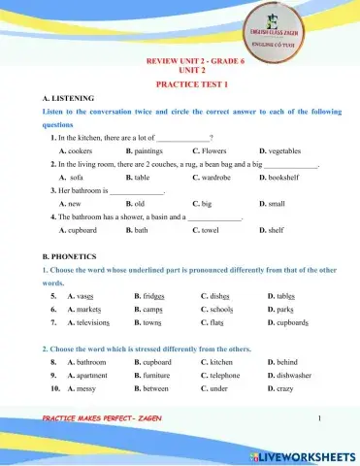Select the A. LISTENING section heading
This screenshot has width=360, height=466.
65,100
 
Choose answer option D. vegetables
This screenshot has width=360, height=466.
281,152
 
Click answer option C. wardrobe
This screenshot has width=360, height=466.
215,179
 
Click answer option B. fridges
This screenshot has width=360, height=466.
150,295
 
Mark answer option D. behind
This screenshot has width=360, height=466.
281,361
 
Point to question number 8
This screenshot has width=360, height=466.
52,361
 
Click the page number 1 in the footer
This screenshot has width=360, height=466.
318,418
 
